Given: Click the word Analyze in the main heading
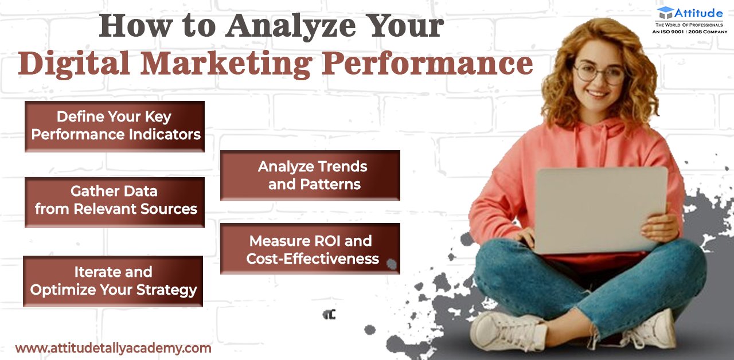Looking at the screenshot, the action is click(291, 27).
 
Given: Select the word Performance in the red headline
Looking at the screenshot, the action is click(427, 64).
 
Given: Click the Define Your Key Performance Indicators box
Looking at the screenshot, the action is click(115, 127).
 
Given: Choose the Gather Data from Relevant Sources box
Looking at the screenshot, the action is click(115, 202).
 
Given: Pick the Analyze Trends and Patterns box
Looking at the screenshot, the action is click(310, 175).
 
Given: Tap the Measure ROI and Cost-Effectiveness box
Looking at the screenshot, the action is click(310, 249).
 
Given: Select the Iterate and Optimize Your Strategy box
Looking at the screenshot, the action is click(113, 281).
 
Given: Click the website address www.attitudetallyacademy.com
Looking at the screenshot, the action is click(113, 348).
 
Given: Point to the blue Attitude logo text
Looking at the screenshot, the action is click(698, 13).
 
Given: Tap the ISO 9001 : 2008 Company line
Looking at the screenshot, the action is click(689, 32).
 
